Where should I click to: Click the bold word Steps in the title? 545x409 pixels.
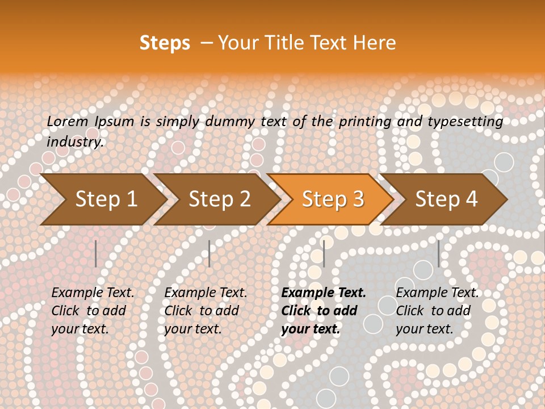tap(165, 43)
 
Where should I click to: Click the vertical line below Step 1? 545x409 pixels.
tap(96, 253)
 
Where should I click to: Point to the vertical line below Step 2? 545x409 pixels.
tap(209, 253)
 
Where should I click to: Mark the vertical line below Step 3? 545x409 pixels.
tap(324, 253)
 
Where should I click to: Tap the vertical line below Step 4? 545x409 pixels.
tap(438, 253)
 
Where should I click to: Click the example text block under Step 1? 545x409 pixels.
tap(93, 311)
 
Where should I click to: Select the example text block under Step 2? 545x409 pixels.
tap(206, 311)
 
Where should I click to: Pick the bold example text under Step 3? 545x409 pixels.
tap(324, 311)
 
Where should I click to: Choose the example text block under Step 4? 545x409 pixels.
tap(437, 311)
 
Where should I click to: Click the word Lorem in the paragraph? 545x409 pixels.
tap(67, 122)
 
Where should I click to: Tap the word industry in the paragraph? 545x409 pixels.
tap(75, 142)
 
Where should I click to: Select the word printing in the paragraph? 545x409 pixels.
tap(365, 122)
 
